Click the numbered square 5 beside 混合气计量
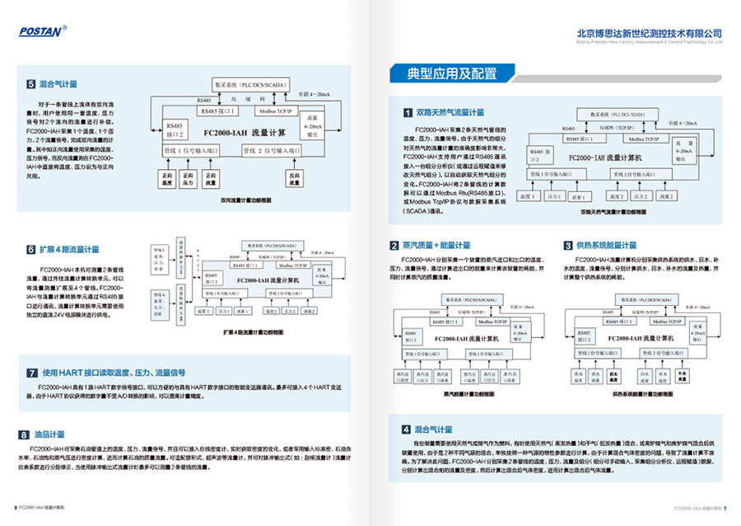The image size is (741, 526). pyautogui.click(x=31, y=84)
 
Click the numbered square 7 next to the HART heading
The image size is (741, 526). pyautogui.click(x=31, y=371)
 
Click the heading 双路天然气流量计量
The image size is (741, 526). pyautogui.click(x=450, y=111)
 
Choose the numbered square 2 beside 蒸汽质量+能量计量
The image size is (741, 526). pyautogui.click(x=394, y=245)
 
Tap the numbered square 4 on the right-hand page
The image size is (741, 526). pyautogui.click(x=406, y=430)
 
